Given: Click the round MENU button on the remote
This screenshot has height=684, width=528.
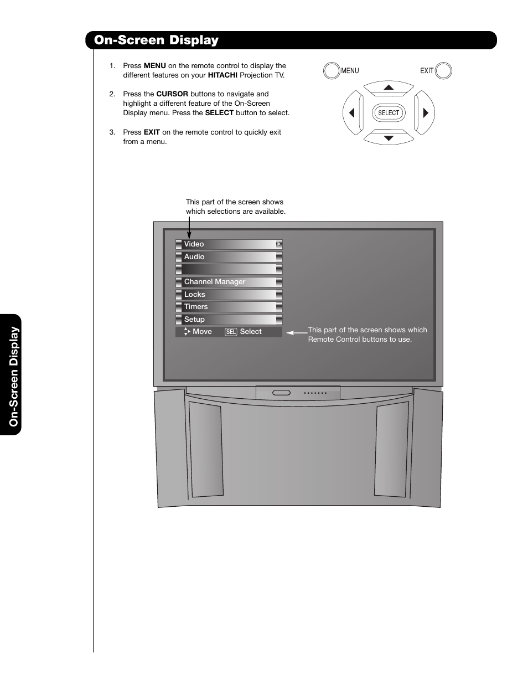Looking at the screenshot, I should click(332, 71).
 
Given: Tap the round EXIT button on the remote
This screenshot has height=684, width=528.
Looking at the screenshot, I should click(443, 71).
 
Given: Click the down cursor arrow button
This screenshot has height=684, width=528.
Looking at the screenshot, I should click(389, 137).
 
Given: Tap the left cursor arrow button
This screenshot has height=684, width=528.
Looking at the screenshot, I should click(352, 113).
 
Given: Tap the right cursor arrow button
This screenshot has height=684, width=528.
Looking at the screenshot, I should click(425, 113).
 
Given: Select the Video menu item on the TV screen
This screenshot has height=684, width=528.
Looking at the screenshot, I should click(229, 244).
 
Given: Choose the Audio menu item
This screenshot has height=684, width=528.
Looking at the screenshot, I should click(229, 257).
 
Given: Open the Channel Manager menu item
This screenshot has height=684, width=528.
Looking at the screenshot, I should click(229, 282).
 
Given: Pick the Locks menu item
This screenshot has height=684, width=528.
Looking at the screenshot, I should click(229, 295).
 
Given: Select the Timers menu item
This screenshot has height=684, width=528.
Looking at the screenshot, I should click(229, 307).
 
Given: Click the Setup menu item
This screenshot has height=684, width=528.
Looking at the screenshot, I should click(229, 320).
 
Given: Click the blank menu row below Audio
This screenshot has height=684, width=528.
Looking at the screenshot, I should click(229, 269).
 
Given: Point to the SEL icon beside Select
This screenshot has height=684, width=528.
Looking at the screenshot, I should click(231, 332).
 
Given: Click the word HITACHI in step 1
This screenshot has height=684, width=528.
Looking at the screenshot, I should click(222, 75).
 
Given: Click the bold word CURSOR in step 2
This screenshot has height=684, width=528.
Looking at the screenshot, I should click(172, 94).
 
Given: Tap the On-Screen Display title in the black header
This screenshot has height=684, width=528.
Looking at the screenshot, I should click(157, 40).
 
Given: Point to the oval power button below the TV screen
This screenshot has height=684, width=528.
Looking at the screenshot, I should click(281, 393).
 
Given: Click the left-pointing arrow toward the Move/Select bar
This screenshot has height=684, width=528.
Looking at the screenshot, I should click(297, 333).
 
